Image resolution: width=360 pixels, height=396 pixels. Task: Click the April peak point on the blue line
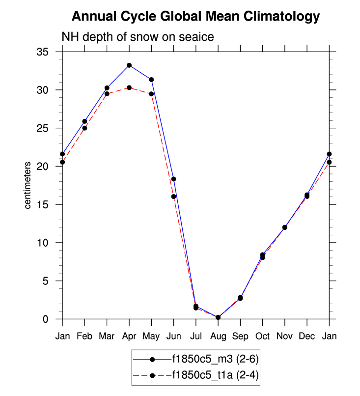[129, 65]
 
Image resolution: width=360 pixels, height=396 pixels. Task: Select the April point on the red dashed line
[129, 87]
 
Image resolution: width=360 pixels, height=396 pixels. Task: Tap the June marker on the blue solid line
[173, 179]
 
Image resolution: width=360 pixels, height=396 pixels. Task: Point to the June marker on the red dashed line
[173, 197]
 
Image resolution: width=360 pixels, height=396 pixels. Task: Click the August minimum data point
[218, 317]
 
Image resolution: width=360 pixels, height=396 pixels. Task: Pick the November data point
[285, 227]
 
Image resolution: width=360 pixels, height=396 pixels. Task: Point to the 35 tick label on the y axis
[49, 52]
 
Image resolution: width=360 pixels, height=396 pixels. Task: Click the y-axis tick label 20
[49, 167]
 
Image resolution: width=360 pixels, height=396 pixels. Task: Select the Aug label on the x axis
[218, 336]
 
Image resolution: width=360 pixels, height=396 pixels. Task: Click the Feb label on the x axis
[84, 336]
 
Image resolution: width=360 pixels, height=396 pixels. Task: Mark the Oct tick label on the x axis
[262, 336]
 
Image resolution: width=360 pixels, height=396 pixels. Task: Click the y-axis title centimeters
[28, 185]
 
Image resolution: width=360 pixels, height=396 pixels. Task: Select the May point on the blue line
[151, 80]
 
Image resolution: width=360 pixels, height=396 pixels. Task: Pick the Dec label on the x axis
[307, 336]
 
